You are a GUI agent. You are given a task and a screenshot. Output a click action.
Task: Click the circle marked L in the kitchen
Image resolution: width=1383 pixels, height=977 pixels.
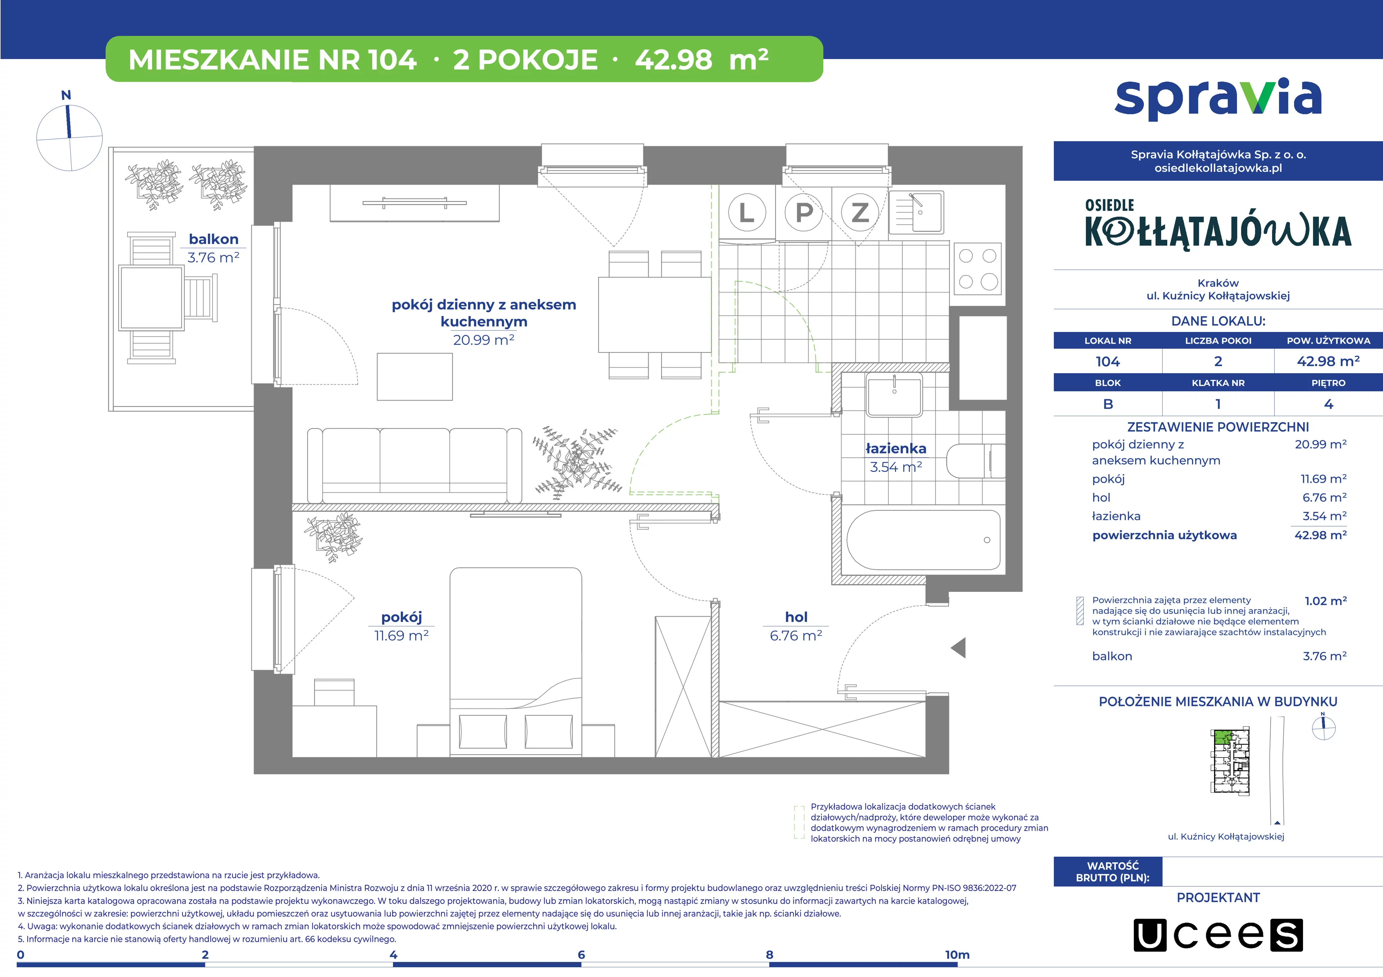click(x=747, y=212)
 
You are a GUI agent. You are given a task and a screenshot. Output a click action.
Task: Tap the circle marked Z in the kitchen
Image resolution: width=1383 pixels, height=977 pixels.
click(x=860, y=212)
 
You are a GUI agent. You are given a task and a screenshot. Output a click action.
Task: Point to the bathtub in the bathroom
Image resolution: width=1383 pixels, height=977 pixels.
click(x=923, y=540)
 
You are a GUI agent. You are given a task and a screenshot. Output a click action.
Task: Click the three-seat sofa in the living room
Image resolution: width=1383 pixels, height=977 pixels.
click(x=415, y=465)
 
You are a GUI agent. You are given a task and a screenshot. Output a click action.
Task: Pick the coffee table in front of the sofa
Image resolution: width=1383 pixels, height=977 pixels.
click(x=415, y=377)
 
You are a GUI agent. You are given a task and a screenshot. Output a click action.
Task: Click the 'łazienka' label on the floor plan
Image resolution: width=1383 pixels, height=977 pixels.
click(x=896, y=449)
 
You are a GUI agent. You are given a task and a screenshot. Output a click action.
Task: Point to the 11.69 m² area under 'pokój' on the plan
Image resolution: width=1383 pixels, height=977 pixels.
click(x=401, y=636)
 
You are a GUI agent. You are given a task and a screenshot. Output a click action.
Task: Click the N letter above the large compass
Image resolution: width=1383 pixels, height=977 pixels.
click(x=66, y=95)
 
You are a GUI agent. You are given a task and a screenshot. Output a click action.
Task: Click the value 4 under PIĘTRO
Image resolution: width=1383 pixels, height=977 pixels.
click(x=1329, y=405)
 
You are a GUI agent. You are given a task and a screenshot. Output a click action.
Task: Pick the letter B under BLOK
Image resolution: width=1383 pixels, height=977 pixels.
click(x=1108, y=405)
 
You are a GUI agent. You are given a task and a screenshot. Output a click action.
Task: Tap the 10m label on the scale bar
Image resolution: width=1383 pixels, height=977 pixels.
click(x=957, y=955)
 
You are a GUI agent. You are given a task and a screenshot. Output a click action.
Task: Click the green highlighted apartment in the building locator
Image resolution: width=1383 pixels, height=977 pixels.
click(x=1222, y=737)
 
